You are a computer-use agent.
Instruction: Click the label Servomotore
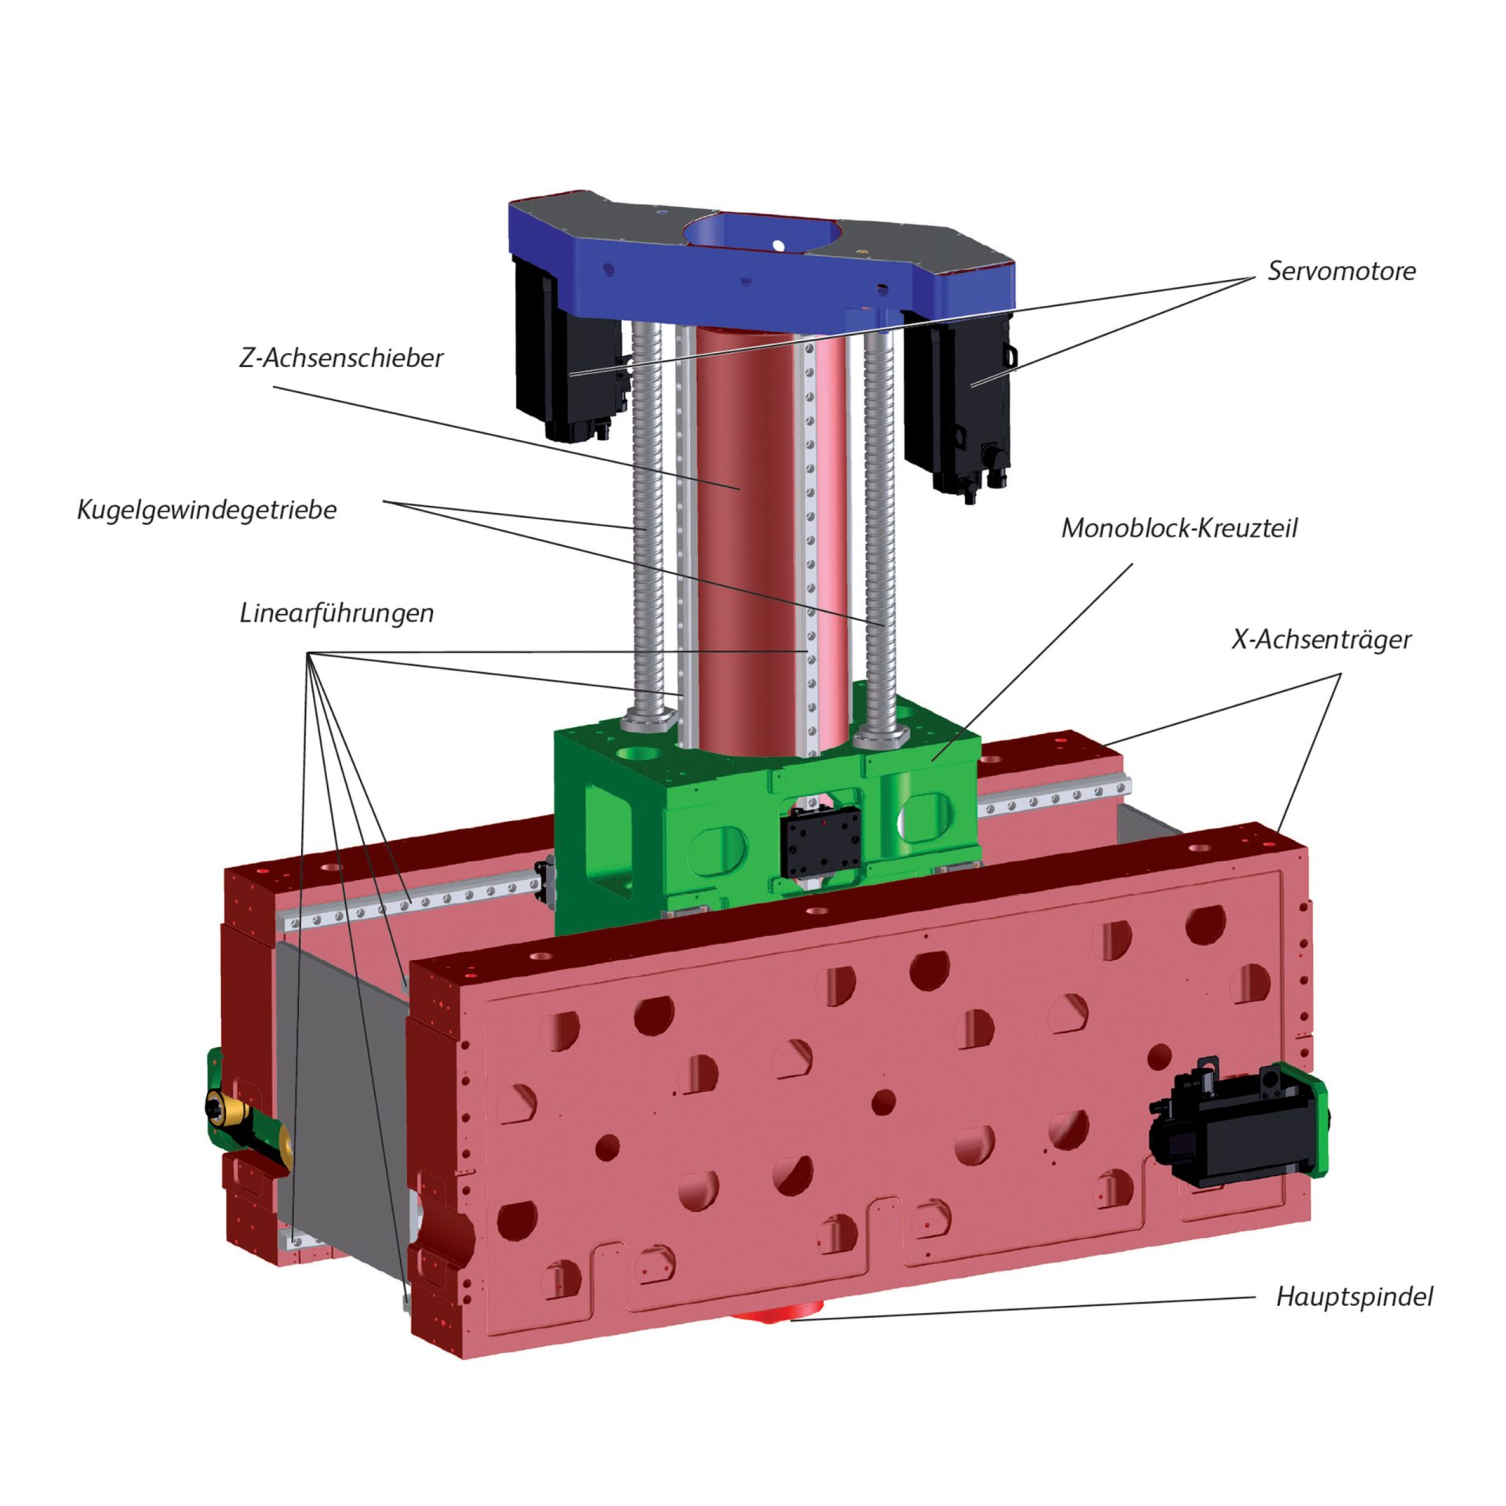click(1341, 271)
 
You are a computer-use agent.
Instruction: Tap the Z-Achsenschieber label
click(341, 358)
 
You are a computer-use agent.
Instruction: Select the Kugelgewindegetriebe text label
click(207, 510)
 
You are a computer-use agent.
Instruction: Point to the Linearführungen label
click(336, 613)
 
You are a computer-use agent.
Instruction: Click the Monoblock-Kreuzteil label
click(1179, 528)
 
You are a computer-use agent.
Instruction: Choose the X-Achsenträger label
click(1321, 639)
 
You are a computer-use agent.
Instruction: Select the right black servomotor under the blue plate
click(957, 400)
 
